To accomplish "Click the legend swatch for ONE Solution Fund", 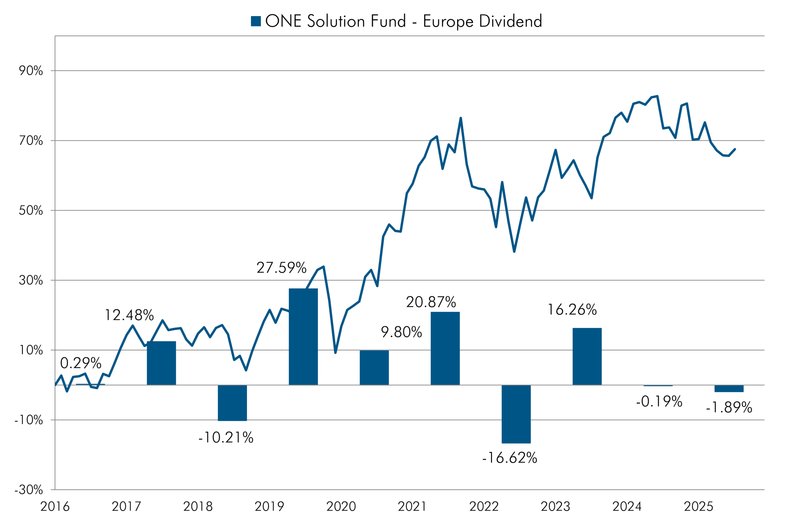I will click(x=256, y=21).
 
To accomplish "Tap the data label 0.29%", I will click(x=81, y=363).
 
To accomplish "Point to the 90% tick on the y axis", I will click(x=31, y=71).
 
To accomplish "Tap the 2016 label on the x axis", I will click(x=55, y=506).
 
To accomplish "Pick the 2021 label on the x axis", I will click(x=412, y=506).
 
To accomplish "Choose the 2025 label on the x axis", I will click(x=698, y=506).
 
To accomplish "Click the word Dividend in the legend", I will click(x=511, y=21).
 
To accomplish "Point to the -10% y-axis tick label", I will click(x=29, y=420).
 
